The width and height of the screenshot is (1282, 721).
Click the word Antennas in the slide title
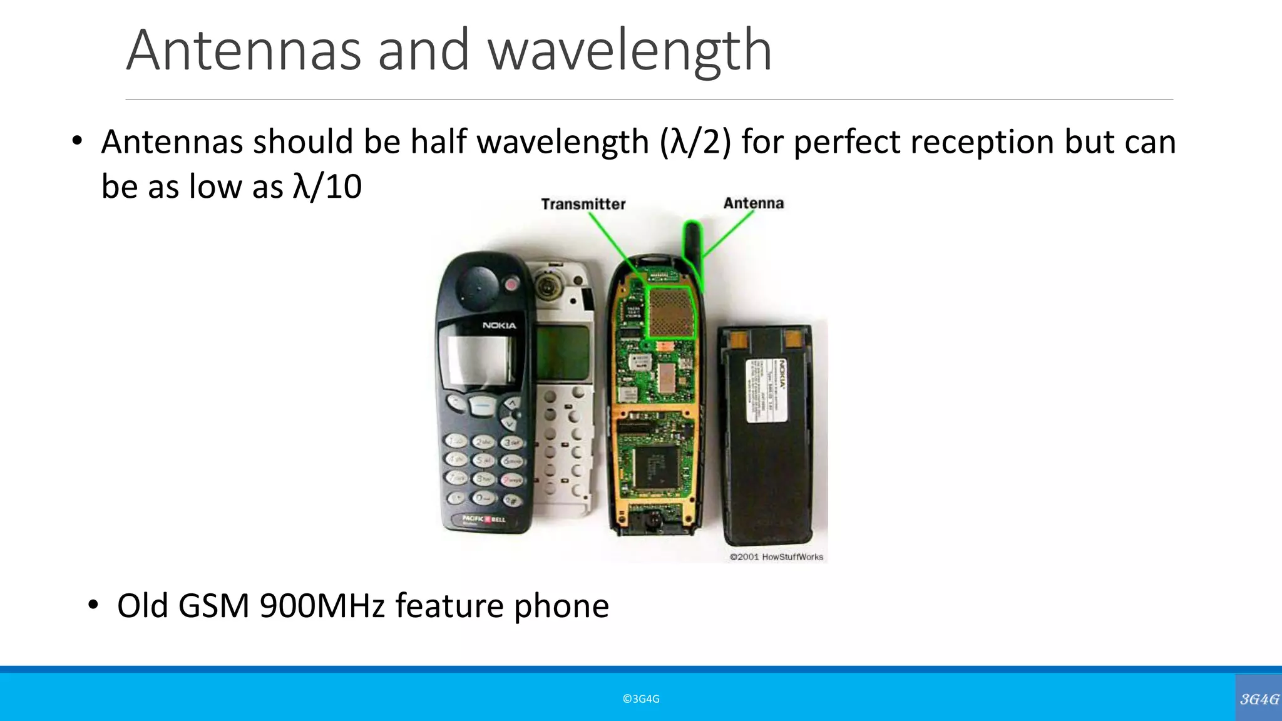(244, 50)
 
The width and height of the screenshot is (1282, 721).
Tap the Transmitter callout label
(583, 204)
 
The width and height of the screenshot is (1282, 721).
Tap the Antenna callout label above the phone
(753, 203)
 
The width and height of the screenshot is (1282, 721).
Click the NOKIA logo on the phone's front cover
(499, 325)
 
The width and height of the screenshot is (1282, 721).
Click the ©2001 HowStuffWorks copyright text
(776, 556)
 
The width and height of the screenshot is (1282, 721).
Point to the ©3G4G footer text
(641, 699)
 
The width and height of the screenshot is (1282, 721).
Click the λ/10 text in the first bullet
(327, 187)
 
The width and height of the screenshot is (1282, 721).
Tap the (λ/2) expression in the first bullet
(695, 141)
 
